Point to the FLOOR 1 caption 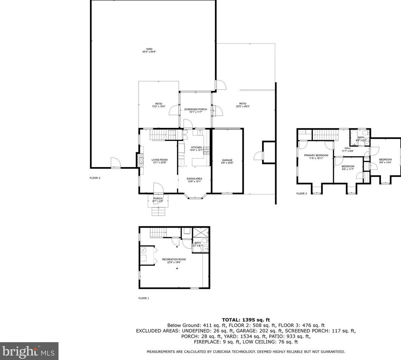click(144, 298)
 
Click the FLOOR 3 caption click(301, 194)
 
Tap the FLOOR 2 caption click(95, 178)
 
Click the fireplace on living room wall click(140, 160)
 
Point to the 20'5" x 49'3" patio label click(243, 105)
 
